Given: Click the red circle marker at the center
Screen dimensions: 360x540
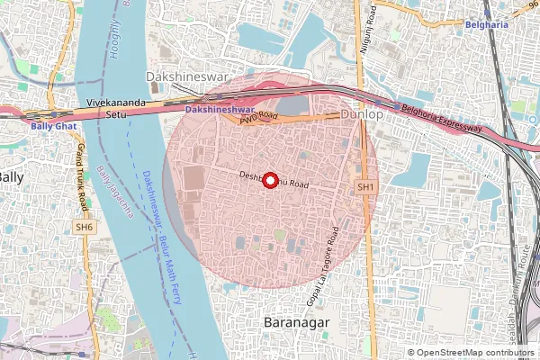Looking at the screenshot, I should pyautogui.click(x=269, y=180).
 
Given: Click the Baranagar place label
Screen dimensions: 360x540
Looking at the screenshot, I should pyautogui.click(x=298, y=321).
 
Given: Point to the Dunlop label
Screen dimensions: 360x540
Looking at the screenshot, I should pyautogui.click(x=362, y=116).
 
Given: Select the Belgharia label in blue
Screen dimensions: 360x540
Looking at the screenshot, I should pyautogui.click(x=487, y=24).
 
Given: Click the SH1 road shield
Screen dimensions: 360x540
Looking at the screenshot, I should pyautogui.click(x=364, y=186).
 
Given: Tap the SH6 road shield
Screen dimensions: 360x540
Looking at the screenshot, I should pyautogui.click(x=84, y=228).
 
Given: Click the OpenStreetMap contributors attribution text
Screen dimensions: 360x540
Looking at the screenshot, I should pyautogui.click(x=476, y=352).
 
